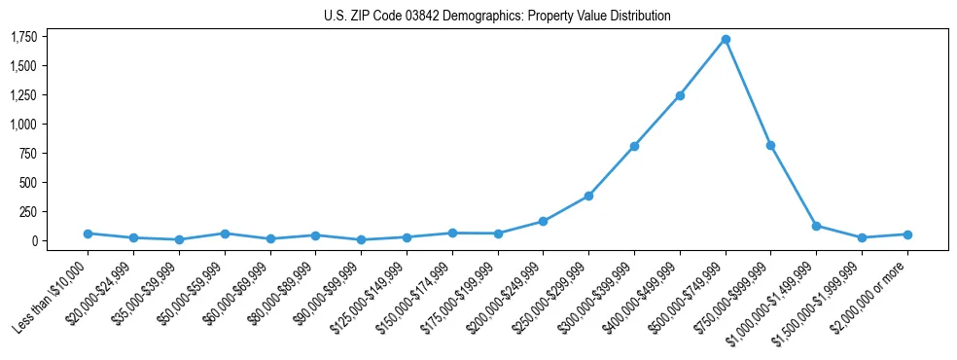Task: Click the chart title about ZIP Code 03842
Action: point(497,16)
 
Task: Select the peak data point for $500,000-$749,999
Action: point(726,39)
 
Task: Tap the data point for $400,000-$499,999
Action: point(680,95)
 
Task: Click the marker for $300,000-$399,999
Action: point(634,146)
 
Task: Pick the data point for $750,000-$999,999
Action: point(770,145)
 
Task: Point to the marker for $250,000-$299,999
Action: point(588,196)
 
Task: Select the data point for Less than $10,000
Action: point(88,234)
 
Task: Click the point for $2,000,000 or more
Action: point(907,234)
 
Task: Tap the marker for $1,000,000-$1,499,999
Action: point(816,226)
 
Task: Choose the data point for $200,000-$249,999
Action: point(543,221)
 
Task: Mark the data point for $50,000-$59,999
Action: point(225,234)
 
